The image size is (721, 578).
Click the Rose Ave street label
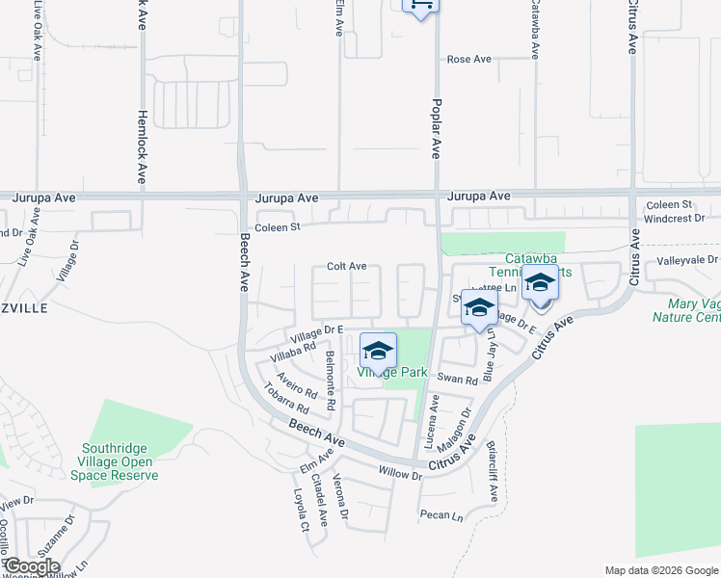(469, 60)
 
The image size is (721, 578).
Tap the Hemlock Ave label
(142, 146)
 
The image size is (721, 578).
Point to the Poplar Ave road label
(437, 127)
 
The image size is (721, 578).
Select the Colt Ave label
(346, 266)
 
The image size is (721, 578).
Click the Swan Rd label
(458, 380)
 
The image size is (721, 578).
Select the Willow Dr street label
(400, 475)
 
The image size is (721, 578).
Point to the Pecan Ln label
(441, 515)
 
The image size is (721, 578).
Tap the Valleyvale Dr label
(687, 260)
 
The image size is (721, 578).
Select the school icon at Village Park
(379, 350)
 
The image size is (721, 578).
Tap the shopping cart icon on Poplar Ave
(419, 5)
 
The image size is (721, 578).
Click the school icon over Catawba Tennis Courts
(540, 283)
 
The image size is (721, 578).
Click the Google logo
(31, 566)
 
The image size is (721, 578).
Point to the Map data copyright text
(661, 570)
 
